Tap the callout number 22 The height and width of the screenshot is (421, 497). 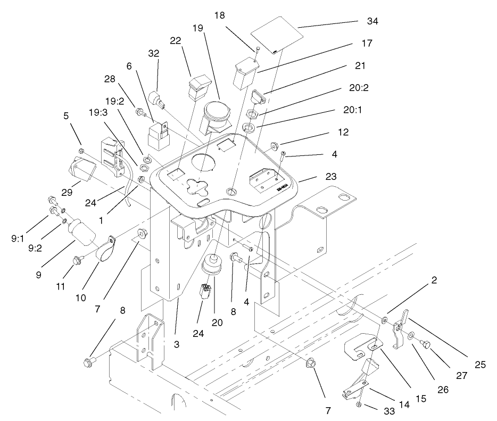coord(177,41)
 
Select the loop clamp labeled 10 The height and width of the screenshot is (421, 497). coord(105,248)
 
